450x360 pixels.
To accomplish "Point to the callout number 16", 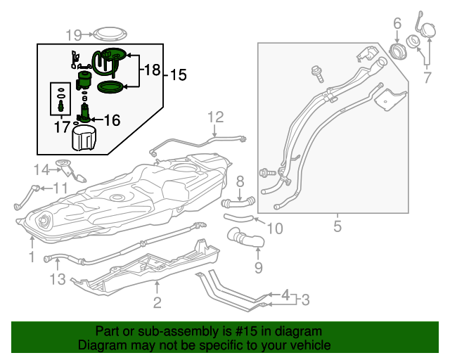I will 112,120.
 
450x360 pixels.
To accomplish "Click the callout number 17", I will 62,127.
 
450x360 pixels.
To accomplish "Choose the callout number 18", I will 153,70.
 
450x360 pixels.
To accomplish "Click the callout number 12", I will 214,117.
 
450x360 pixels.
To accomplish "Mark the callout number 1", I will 32,257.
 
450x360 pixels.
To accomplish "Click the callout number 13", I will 57,280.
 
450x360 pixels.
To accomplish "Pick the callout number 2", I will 157,303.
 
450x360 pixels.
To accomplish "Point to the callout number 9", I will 258,267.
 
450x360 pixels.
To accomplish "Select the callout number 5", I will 337,226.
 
